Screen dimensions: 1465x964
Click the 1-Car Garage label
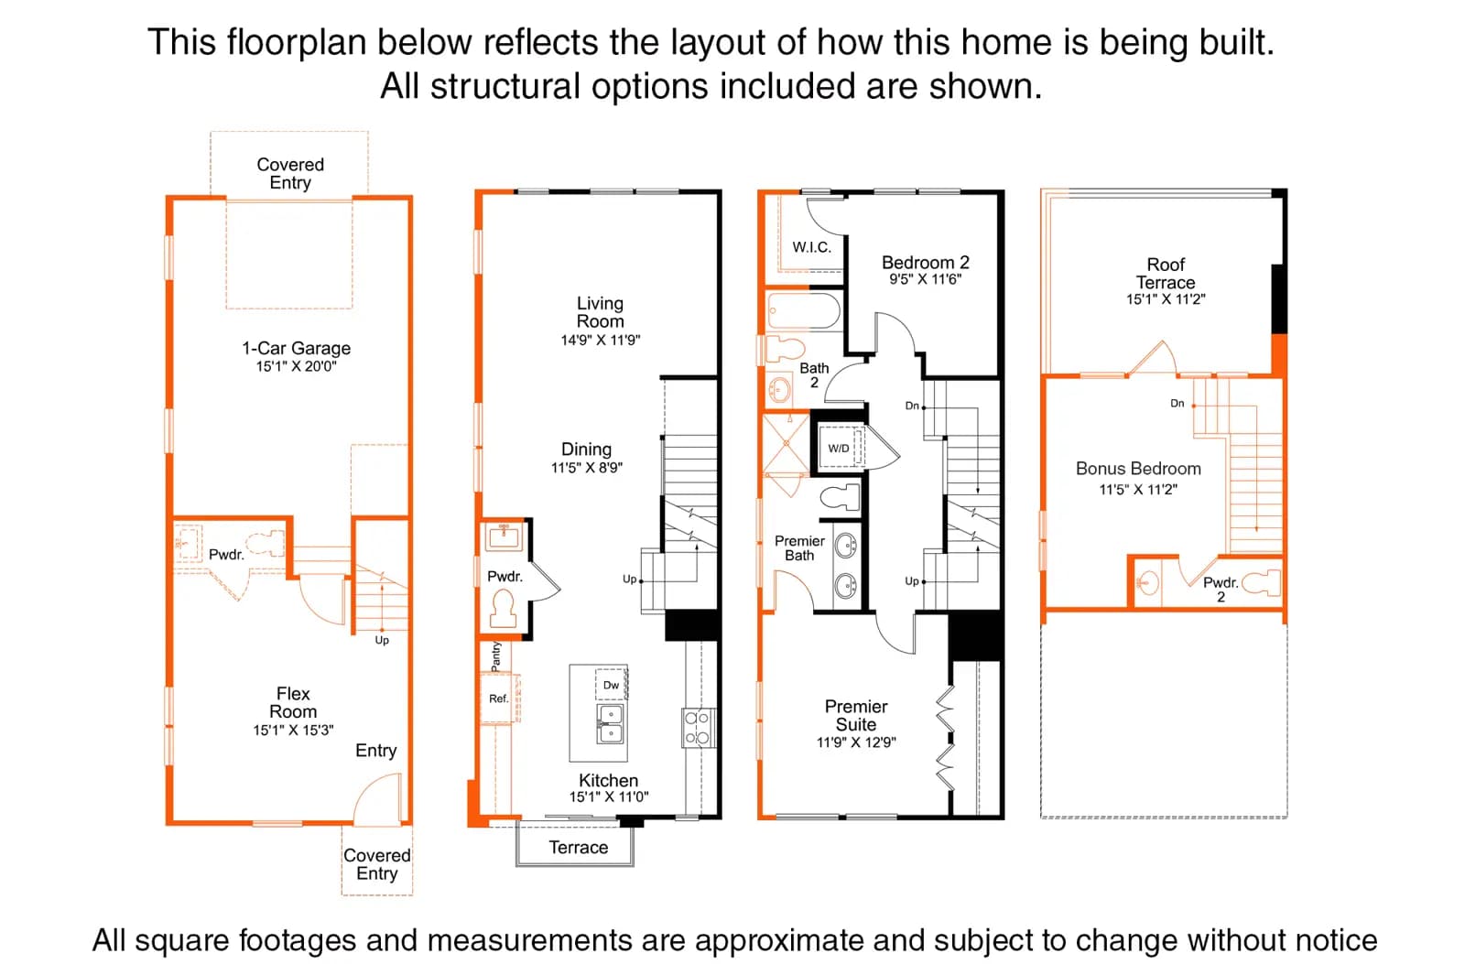(297, 348)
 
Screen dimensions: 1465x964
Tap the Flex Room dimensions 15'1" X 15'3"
(293, 730)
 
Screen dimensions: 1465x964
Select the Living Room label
(600, 312)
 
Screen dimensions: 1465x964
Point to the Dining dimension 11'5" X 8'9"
(587, 468)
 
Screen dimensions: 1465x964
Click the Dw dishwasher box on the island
(611, 684)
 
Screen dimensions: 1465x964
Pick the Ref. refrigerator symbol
(499, 698)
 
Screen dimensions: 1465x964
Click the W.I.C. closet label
(811, 247)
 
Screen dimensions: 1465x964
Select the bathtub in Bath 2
(804, 310)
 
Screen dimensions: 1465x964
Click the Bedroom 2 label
(925, 262)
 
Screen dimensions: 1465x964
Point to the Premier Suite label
(855, 716)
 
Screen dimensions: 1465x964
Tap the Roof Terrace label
(1166, 274)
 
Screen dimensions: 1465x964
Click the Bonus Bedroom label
(1138, 468)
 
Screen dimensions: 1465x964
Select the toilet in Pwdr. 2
(1261, 583)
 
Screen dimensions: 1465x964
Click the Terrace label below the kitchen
(578, 848)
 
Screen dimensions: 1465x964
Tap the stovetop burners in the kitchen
(697, 727)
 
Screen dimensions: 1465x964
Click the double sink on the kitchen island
(610, 723)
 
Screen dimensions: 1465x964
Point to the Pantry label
(495, 656)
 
